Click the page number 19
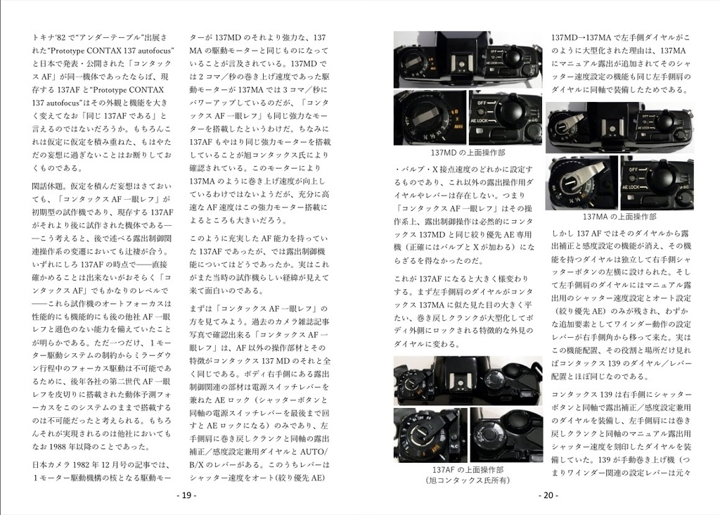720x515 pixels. (186, 495)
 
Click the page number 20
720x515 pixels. (548, 495)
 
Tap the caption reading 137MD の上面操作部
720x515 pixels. (467, 153)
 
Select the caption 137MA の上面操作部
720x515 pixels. (619, 217)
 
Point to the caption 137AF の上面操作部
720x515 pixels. (467, 469)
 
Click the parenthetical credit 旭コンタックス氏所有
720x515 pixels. (467, 481)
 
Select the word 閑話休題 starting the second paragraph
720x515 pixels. (50, 186)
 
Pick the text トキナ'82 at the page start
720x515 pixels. (51, 37)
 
